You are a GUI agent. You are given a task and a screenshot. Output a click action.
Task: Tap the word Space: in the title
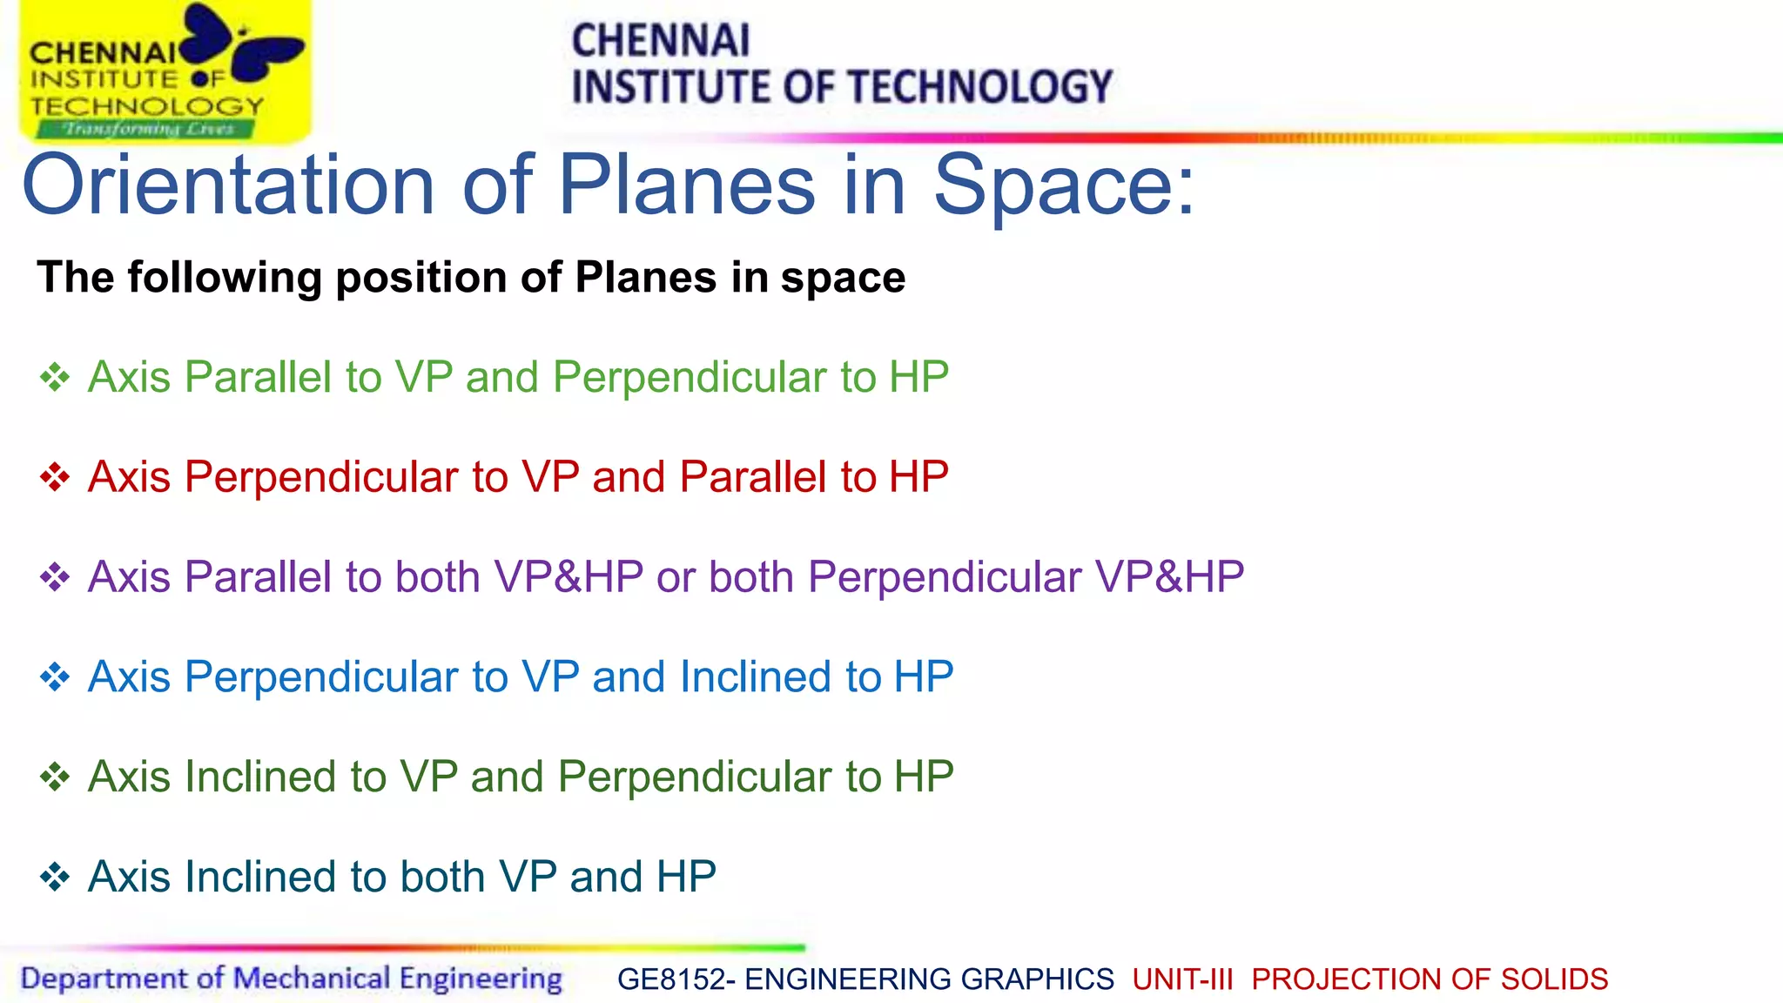point(1064,185)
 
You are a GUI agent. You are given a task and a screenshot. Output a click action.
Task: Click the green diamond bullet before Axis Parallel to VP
point(55,378)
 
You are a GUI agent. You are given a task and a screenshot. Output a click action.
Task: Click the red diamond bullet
point(55,477)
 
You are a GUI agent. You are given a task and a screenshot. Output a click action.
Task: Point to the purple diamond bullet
point(55,577)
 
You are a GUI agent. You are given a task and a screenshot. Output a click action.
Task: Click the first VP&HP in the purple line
point(569,577)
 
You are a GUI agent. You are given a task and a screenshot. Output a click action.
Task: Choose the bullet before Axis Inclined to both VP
point(55,877)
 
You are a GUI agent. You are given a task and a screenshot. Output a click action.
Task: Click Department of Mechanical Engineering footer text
point(291,979)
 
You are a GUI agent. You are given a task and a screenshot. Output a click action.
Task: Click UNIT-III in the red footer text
point(1182,979)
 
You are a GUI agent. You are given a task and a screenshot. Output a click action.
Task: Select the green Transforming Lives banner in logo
point(146,130)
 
